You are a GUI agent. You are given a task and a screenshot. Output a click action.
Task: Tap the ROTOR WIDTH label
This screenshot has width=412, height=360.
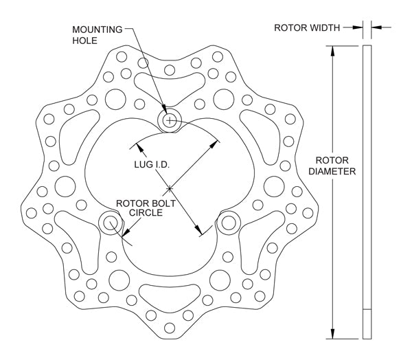[307, 28]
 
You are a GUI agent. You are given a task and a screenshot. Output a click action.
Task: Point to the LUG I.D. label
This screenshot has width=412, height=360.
[152, 166]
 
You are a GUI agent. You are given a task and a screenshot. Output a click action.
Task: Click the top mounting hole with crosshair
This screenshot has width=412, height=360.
[169, 120]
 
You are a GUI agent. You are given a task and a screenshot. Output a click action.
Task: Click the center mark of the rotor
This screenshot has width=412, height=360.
[169, 188]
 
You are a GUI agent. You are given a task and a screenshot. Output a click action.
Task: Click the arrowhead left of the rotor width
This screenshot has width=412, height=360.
[359, 28]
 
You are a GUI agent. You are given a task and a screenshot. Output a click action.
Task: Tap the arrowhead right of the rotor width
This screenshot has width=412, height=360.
[376, 28]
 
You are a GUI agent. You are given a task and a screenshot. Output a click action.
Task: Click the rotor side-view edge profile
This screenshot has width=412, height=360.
[367, 192]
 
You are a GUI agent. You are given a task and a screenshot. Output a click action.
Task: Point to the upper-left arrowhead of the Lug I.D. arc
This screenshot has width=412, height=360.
[138, 146]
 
